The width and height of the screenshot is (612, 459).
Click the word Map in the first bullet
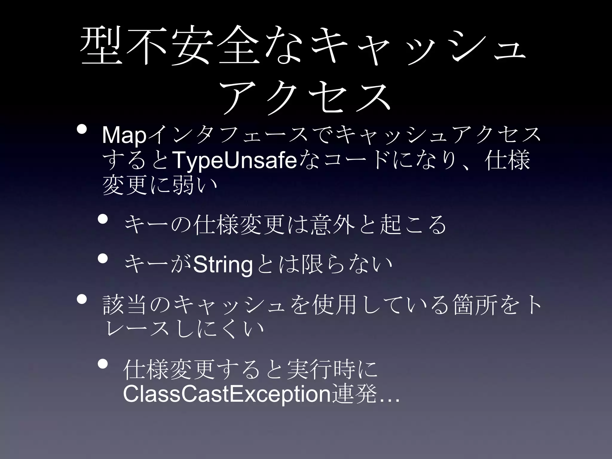click(124, 135)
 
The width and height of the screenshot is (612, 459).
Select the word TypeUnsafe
click(235, 160)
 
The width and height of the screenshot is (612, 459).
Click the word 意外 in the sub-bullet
click(333, 224)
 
